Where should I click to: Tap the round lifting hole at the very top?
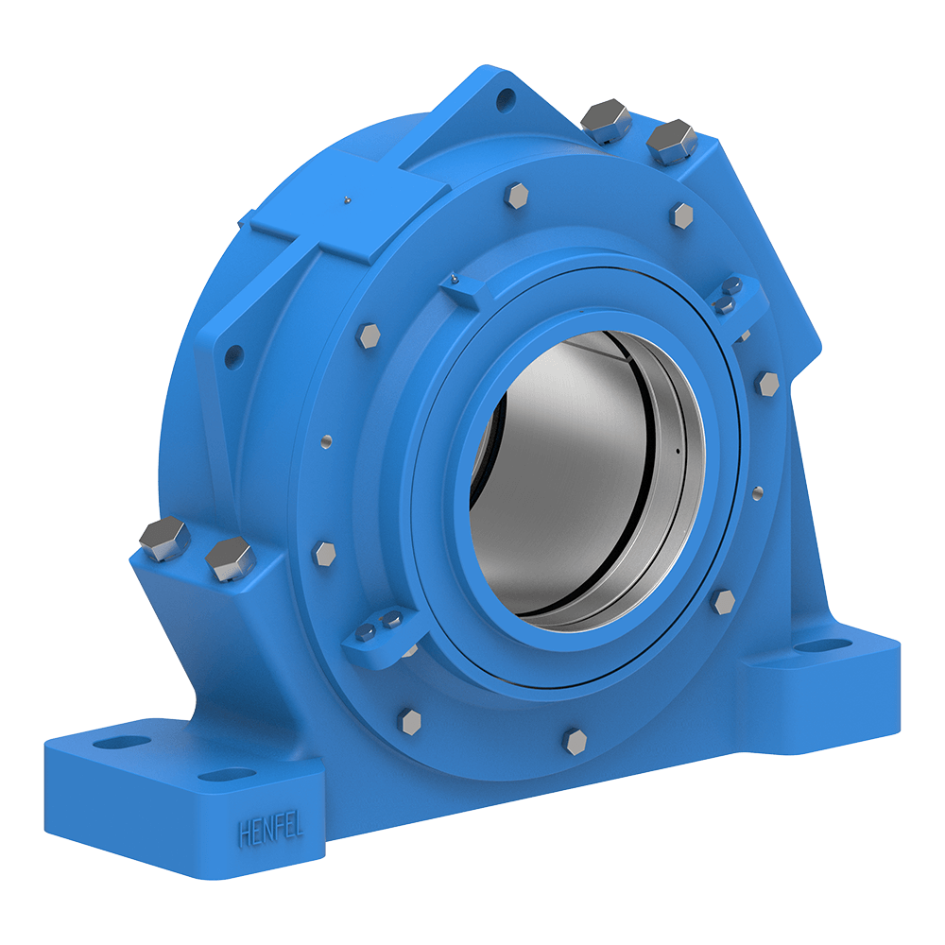[x=508, y=96]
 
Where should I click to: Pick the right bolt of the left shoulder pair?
[x=230, y=559]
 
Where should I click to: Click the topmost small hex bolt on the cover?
[x=517, y=196]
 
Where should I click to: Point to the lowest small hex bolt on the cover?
[x=575, y=740]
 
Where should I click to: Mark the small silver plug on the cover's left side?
[x=326, y=439]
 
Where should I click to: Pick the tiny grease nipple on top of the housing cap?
[x=347, y=199]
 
